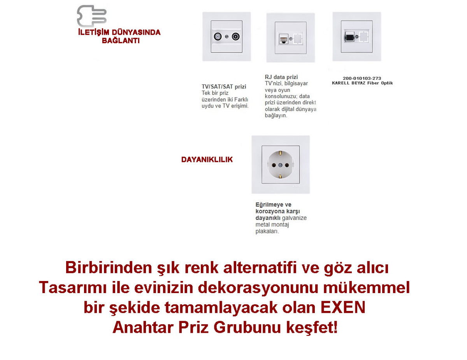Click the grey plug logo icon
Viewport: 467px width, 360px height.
click(x=91, y=16)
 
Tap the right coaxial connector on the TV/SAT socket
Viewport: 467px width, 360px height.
click(x=236, y=37)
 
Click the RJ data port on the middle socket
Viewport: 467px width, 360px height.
click(x=284, y=39)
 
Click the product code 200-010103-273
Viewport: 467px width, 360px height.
click(x=362, y=78)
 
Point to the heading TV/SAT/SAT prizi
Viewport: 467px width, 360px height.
click(x=224, y=87)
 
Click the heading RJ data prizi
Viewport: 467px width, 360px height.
click(x=281, y=77)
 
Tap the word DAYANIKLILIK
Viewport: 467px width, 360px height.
click(x=207, y=160)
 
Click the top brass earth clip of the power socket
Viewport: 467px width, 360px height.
click(x=280, y=153)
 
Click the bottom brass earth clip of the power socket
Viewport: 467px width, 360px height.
click(x=280, y=176)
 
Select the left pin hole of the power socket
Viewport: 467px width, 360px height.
click(x=274, y=165)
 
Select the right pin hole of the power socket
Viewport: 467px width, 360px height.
click(x=287, y=165)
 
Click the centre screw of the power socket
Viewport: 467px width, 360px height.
click(x=280, y=165)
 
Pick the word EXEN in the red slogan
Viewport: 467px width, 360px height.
click(x=343, y=307)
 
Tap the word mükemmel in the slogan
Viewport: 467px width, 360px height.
click(x=367, y=287)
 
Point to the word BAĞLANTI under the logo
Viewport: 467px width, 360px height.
click(x=121, y=40)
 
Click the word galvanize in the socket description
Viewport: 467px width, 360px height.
click(x=294, y=218)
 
